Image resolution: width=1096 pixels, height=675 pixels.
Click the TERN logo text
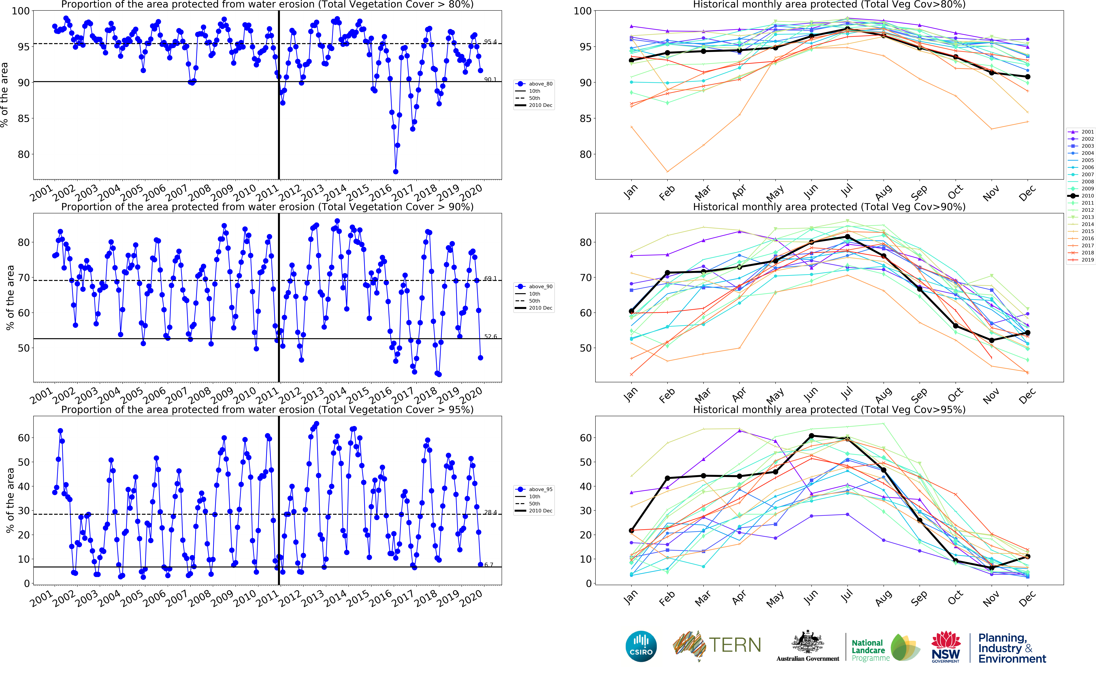click(735, 645)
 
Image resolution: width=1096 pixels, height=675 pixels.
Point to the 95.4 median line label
click(490, 42)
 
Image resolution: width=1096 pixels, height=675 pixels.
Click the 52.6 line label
click(490, 337)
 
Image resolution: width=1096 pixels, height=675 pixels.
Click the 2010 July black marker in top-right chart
click(847, 29)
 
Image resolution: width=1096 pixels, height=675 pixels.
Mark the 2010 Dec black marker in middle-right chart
click(1028, 333)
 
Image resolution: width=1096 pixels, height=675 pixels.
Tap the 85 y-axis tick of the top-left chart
click(23, 118)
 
